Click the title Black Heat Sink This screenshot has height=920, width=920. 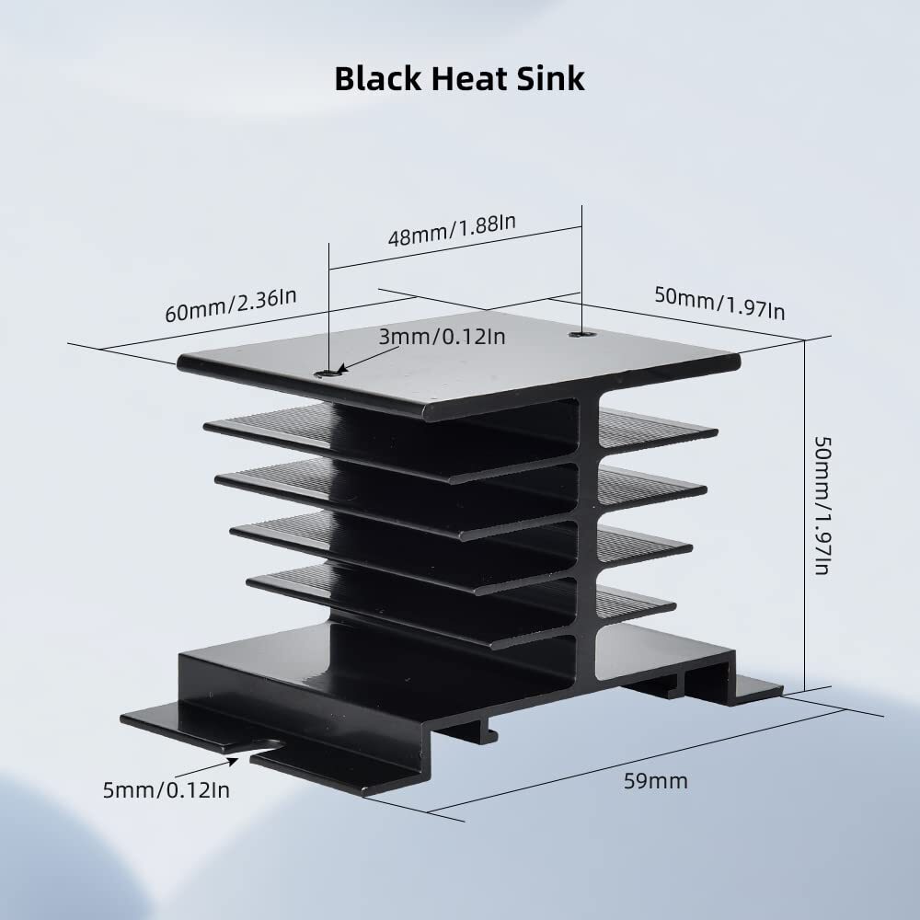(459, 78)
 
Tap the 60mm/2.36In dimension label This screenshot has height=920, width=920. (231, 305)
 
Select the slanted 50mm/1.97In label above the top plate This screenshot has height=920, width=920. (719, 303)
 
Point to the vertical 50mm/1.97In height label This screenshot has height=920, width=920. (822, 505)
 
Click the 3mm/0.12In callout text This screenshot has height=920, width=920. (442, 337)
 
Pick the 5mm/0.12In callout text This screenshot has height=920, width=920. (166, 790)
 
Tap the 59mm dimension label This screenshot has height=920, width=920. (655, 781)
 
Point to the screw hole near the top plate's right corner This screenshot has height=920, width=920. (581, 335)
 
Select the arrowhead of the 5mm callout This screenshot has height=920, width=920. (233, 761)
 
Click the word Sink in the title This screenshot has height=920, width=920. (550, 78)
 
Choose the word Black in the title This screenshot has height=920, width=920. (377, 78)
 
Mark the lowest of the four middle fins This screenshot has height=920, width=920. (461, 607)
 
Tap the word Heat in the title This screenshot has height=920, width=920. (468, 78)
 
